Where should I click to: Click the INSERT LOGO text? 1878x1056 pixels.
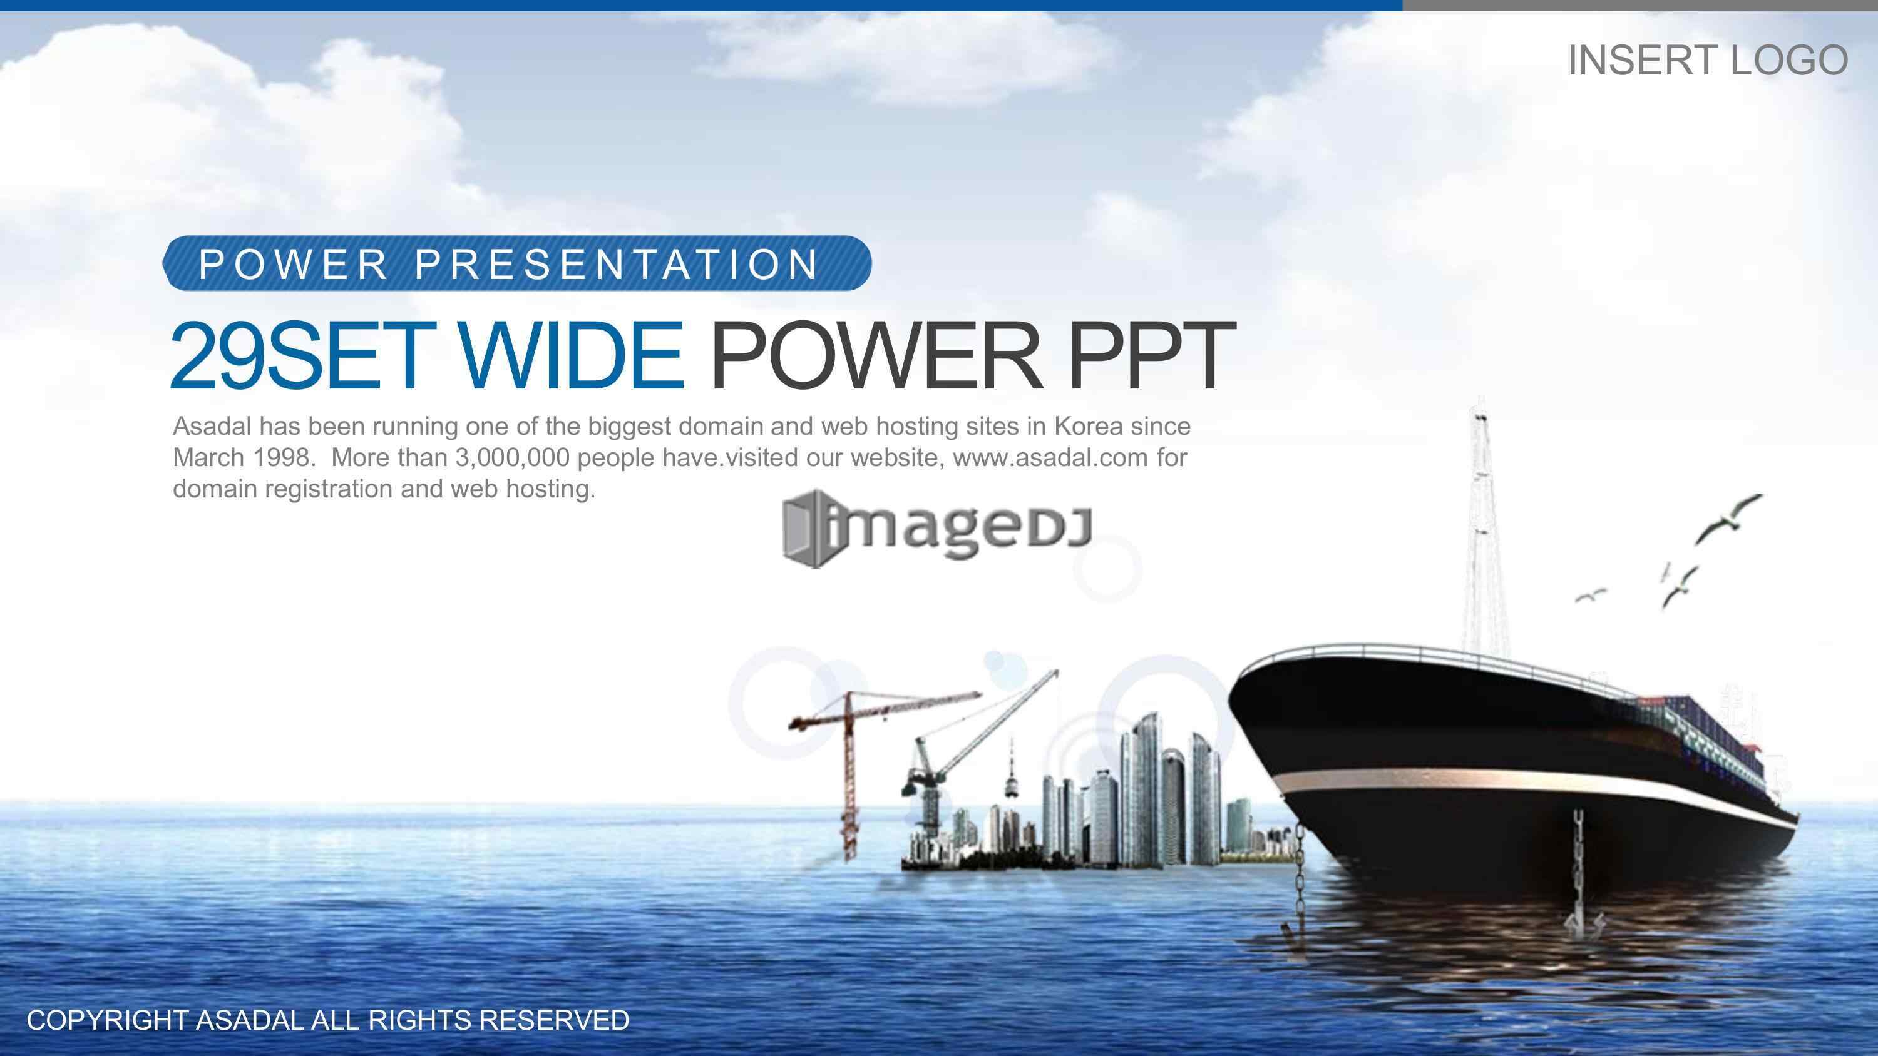pos(1707,60)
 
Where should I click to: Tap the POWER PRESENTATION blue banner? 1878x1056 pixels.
pos(517,263)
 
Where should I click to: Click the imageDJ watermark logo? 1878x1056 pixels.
pos(937,529)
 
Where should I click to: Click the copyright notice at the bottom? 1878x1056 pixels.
pos(328,1020)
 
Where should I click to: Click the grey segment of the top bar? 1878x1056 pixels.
pos(1640,5)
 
